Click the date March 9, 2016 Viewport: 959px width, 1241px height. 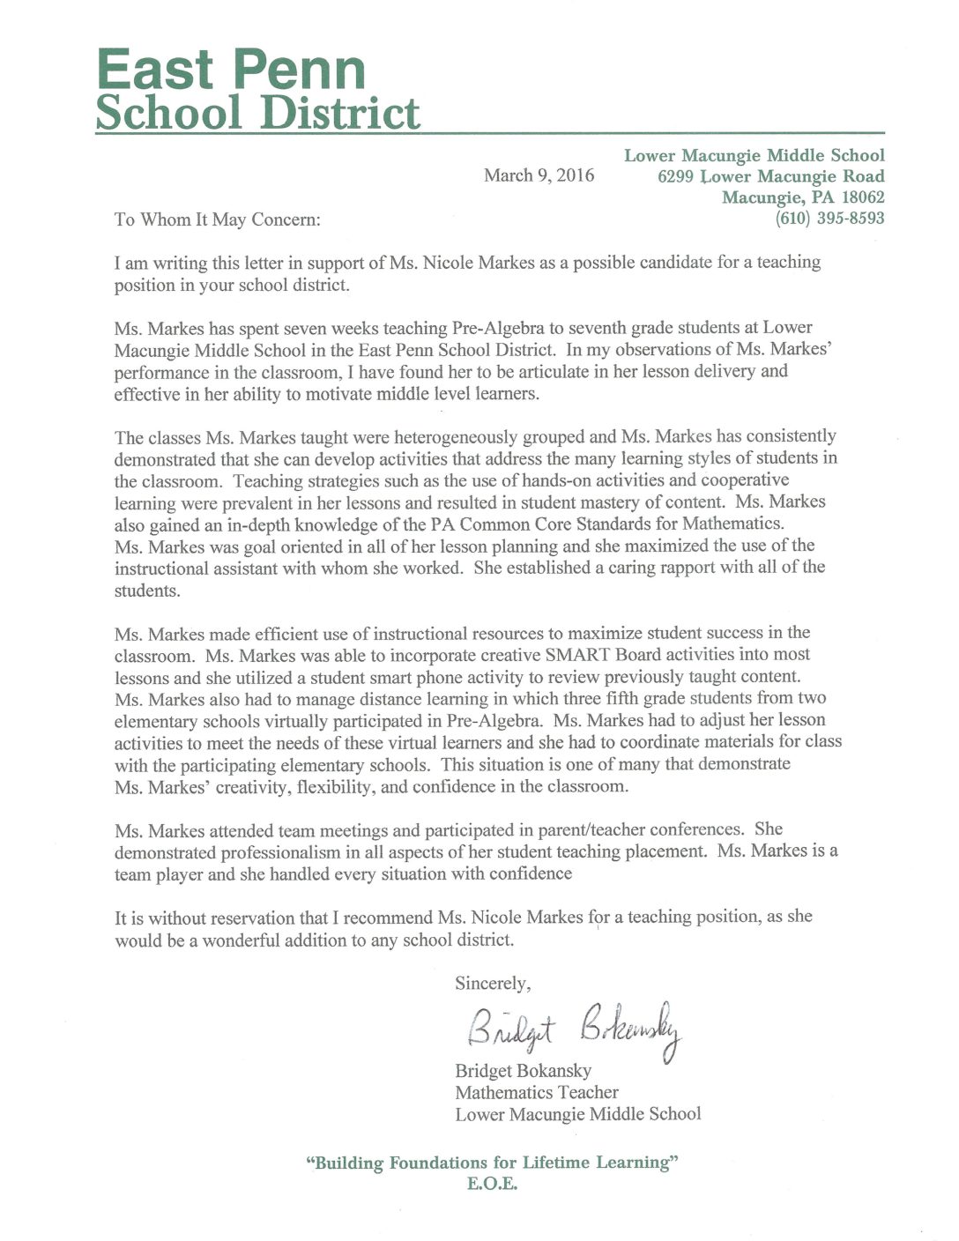pos(539,175)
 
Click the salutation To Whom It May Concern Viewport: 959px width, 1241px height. pos(217,219)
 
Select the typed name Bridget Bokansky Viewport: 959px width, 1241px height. pos(523,1071)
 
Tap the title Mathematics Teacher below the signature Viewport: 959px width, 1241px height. pos(536,1092)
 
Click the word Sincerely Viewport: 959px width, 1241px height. pos(492,983)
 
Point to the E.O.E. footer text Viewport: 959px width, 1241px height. pos(492,1184)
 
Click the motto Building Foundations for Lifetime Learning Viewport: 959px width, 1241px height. pos(492,1163)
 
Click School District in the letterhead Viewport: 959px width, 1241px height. pos(257,114)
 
